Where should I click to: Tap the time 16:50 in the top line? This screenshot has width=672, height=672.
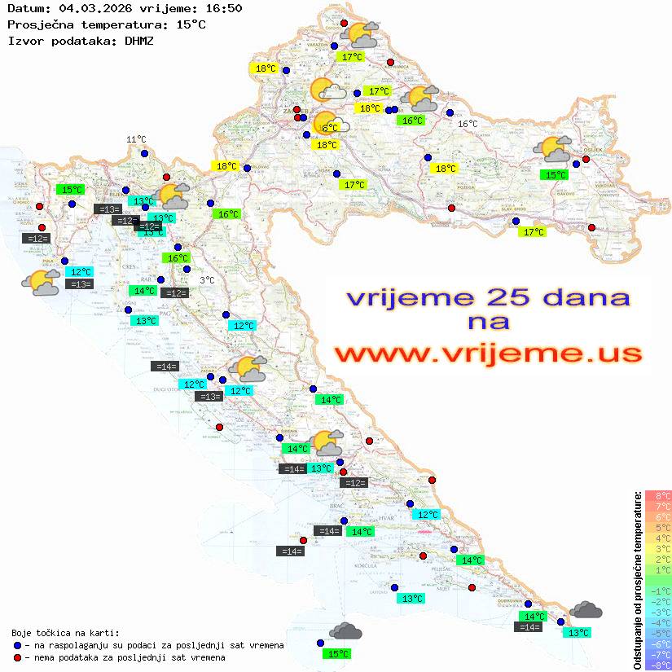point(222,9)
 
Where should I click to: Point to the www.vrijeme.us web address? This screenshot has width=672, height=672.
point(488,353)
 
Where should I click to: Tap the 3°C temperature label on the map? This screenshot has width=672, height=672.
point(207,280)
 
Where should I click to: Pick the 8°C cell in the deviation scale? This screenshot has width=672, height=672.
point(658,495)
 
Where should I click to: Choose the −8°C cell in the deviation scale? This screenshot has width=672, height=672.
point(658,665)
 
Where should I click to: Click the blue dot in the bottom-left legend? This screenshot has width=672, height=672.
point(17,645)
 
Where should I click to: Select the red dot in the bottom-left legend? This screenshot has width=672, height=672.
point(17,657)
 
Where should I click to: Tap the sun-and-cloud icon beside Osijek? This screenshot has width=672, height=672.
point(552,149)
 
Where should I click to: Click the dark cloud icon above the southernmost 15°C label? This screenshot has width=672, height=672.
point(345,630)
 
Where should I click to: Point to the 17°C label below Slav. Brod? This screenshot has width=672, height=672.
point(534,232)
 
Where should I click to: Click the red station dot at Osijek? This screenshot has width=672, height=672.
point(586,159)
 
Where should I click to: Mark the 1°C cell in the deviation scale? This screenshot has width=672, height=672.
point(658,569)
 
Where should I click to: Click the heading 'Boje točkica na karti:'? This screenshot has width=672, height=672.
point(65,632)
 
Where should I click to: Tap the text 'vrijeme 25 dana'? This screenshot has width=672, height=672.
point(488,296)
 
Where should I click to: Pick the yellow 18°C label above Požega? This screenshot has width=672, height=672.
point(445,169)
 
